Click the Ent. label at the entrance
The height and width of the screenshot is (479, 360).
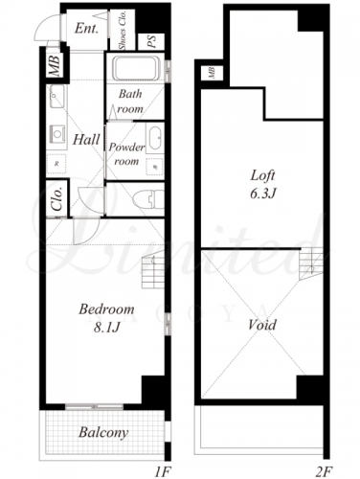(x=86, y=29)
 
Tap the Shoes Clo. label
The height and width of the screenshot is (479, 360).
(x=123, y=30)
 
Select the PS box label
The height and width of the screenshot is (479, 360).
(x=151, y=41)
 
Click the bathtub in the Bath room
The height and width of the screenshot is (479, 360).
(x=137, y=68)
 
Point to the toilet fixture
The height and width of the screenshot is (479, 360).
(x=148, y=199)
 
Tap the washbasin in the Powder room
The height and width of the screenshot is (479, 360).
(x=155, y=139)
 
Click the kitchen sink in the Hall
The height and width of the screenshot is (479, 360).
(x=56, y=96)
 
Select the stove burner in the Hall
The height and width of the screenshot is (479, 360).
(x=57, y=134)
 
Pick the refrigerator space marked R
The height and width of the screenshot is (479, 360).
(x=56, y=164)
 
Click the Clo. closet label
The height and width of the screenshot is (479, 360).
(x=57, y=199)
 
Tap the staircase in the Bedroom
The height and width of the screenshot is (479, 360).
(x=153, y=269)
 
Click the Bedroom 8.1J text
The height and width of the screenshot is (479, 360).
(x=106, y=318)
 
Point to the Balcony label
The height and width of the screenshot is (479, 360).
(x=103, y=433)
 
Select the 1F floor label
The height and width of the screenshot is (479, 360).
(x=164, y=471)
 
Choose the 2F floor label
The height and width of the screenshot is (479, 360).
(x=324, y=471)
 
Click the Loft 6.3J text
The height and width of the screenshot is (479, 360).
(x=262, y=184)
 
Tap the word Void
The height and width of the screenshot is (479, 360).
(x=262, y=325)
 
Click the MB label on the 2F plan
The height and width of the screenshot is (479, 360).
(x=212, y=73)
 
